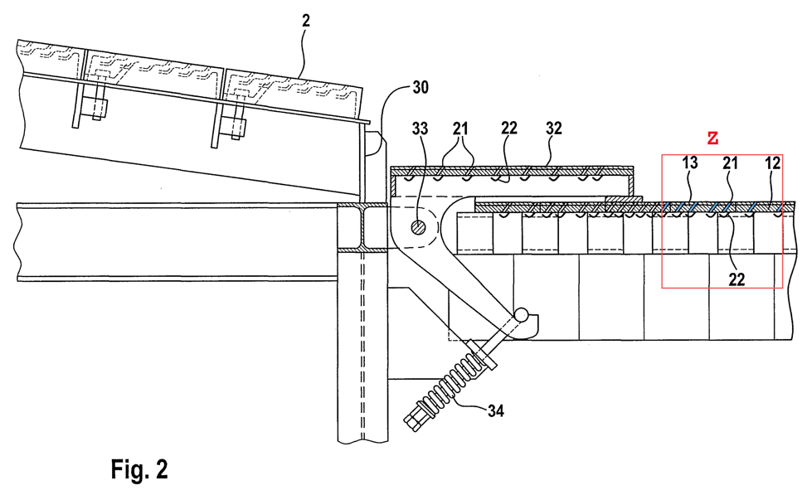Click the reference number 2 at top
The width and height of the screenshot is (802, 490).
tap(305, 21)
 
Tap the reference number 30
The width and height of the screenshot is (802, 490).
tap(420, 87)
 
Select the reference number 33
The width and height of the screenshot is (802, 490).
tap(420, 129)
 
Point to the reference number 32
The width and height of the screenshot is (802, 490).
tap(554, 129)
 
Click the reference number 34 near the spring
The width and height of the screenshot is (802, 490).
tap(495, 410)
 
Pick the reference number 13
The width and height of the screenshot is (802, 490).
tap(689, 163)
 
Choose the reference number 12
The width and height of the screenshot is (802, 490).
tap(772, 163)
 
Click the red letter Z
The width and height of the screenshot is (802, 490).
tap(712, 138)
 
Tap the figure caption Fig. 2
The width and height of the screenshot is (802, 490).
tap(139, 468)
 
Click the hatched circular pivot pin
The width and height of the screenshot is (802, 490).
tap(418, 227)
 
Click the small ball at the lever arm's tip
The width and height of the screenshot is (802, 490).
tap(523, 315)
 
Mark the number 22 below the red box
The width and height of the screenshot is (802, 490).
tap(736, 279)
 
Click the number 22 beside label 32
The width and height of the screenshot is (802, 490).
tap(509, 129)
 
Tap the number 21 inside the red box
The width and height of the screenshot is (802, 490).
tap(731, 163)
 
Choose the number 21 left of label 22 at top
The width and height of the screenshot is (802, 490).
tap(460, 129)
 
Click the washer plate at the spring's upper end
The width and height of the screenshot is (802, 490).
tap(482, 355)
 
